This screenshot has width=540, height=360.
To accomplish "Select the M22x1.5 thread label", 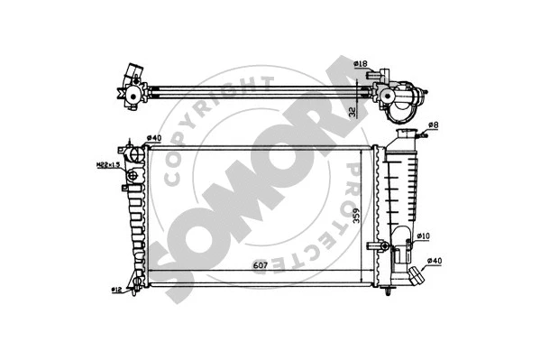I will tap(108, 164).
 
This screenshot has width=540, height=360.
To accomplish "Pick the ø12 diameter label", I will tap(116, 289).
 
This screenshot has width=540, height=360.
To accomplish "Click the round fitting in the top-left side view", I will tap(134, 93).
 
